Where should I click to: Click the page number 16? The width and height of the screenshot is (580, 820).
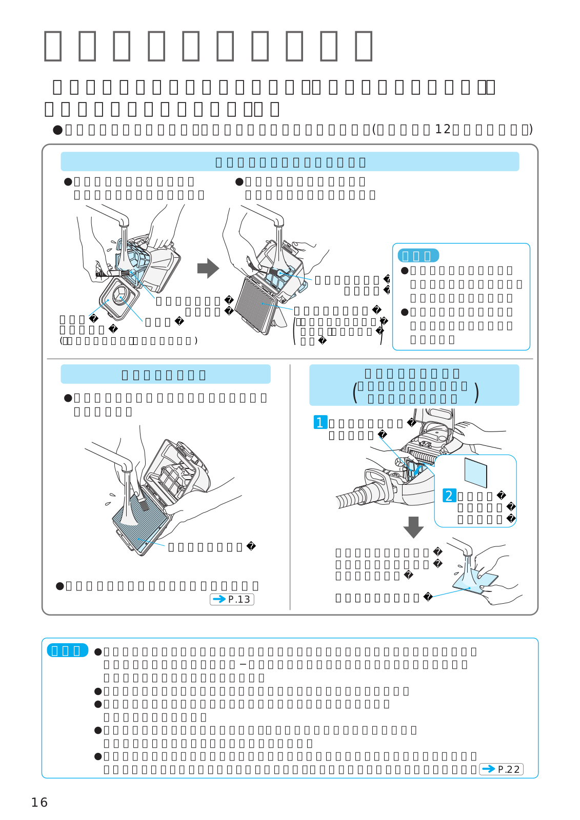[x=39, y=803]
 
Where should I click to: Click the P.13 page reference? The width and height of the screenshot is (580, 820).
[x=232, y=599]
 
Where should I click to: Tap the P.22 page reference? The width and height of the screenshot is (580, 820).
[x=501, y=769]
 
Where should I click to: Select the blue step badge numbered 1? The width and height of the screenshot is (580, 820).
[x=320, y=422]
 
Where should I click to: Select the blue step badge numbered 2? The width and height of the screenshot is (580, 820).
[x=449, y=496]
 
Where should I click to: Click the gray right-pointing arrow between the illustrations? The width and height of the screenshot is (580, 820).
[x=208, y=268]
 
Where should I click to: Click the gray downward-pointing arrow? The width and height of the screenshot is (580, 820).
[x=413, y=527]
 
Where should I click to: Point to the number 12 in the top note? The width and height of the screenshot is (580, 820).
[x=443, y=129]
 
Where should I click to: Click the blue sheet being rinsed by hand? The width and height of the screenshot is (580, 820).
[x=474, y=582]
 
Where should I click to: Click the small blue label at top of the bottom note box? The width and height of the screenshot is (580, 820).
[x=67, y=650]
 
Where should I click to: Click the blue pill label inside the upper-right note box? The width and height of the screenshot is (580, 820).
[x=418, y=256]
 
